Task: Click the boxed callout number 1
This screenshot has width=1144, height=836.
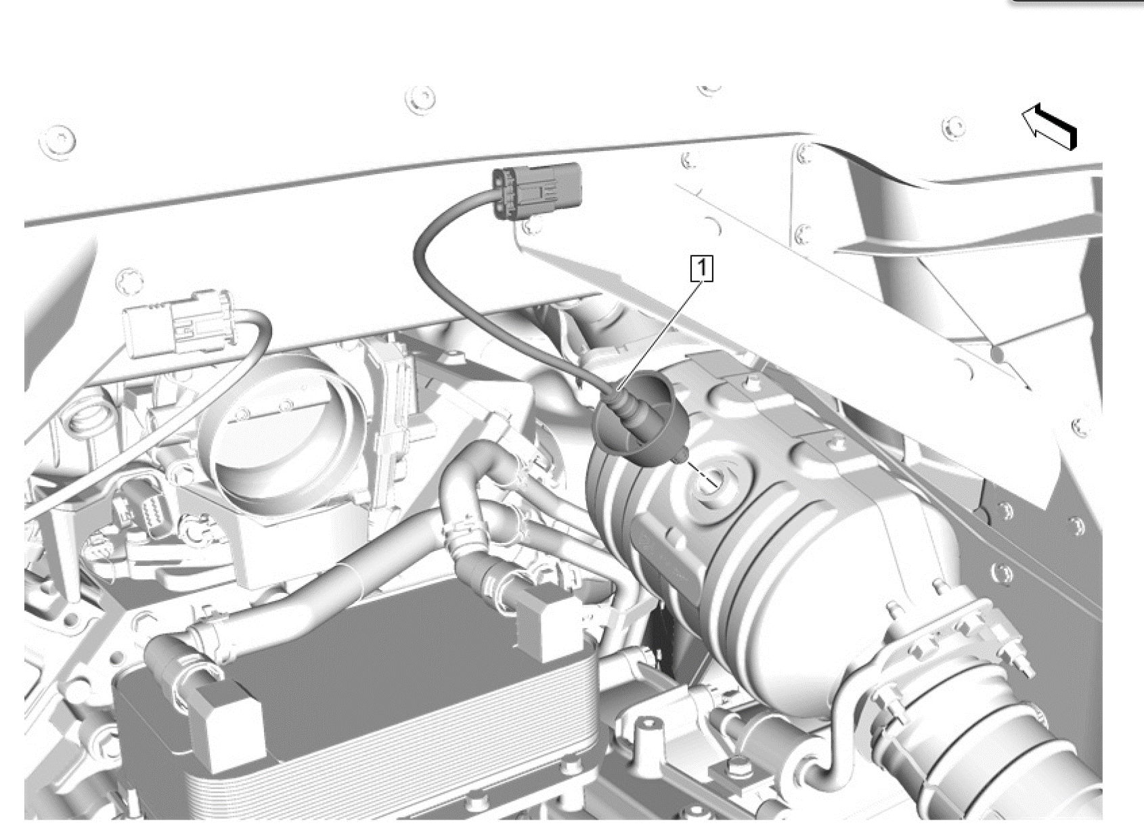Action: tap(702, 269)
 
